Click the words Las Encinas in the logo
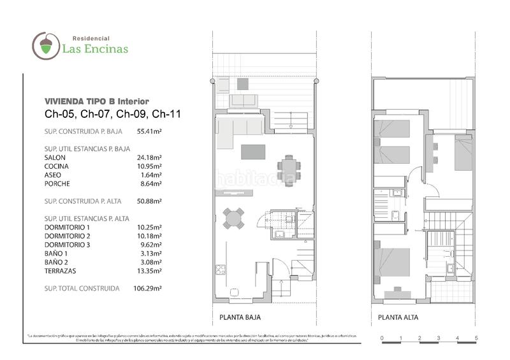click(95, 48)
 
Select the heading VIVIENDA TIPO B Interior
click(96, 101)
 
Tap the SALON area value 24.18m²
click(149, 157)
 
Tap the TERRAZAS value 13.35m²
click(149, 271)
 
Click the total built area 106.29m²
click(149, 288)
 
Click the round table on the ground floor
click(233, 218)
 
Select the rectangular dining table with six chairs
click(290, 168)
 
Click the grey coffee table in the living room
click(253, 152)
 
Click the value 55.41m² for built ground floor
click(149, 132)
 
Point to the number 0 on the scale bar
click(381, 337)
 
